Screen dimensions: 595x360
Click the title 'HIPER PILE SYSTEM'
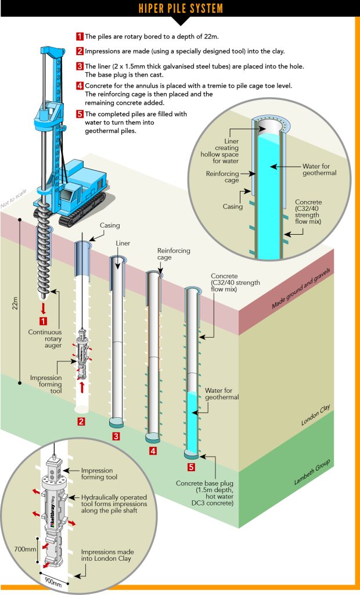[179, 9]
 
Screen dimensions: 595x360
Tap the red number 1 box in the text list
[80, 36]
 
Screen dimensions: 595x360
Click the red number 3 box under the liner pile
[116, 436]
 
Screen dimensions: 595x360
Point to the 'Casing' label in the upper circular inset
[232, 206]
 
